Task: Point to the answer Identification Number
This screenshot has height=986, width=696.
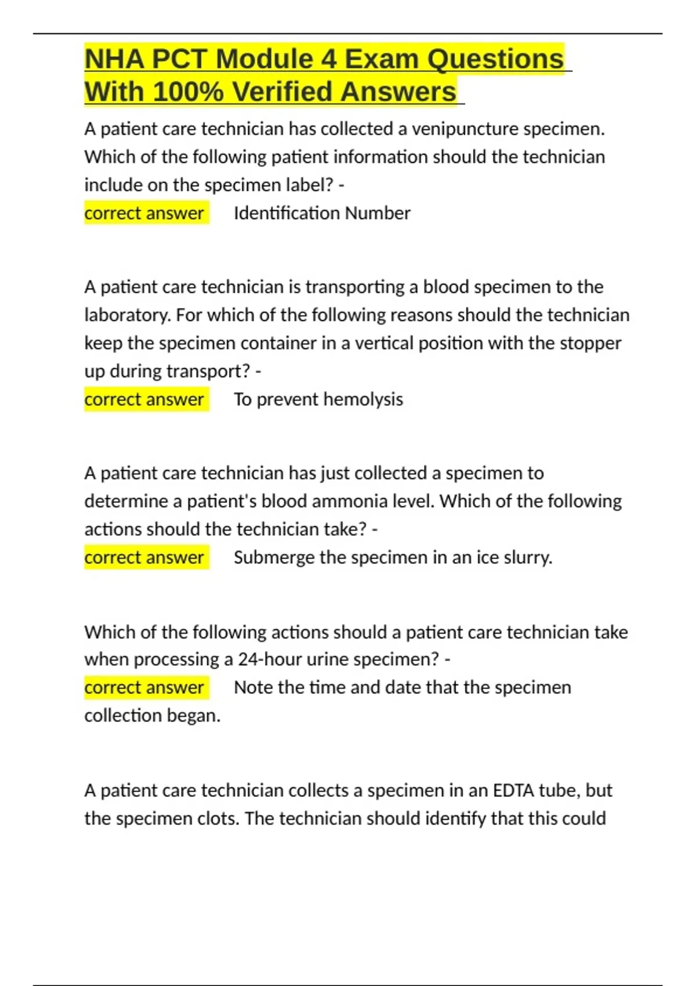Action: point(322,213)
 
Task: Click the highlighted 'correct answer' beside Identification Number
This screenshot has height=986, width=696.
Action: point(144,213)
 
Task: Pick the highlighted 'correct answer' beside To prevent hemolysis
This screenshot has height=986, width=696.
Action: point(144,400)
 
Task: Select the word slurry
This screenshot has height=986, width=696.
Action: point(528,557)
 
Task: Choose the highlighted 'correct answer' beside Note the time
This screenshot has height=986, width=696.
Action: point(144,687)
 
